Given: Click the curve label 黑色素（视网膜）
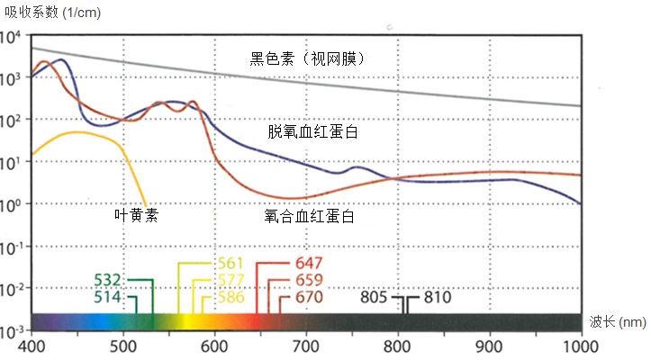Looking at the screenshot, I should click(x=312, y=59).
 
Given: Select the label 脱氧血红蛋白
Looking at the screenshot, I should click(x=312, y=131).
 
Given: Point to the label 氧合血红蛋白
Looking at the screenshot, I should click(x=309, y=217).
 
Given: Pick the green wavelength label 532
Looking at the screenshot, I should click(x=108, y=280).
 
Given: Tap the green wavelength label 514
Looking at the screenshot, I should click(x=108, y=296).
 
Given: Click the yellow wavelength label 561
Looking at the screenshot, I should click(x=231, y=264).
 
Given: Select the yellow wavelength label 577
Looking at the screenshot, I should click(x=231, y=280).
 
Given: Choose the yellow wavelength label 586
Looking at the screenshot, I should click(x=231, y=296).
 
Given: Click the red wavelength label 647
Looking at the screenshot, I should click(x=309, y=264).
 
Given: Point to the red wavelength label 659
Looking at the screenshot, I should click(x=309, y=280).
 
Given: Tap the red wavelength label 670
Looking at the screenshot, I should click(x=309, y=296).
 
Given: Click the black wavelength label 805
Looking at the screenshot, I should click(x=376, y=296).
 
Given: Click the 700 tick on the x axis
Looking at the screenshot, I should click(x=307, y=346).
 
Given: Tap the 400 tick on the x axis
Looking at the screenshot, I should click(x=32, y=346).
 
